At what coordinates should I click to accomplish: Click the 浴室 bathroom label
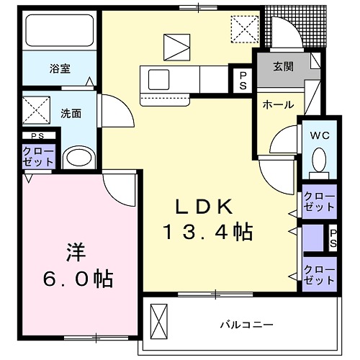point(60,69)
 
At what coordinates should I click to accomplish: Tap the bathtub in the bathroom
point(59,33)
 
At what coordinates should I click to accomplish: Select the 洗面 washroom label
point(70,112)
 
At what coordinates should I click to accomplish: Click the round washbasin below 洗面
point(76,158)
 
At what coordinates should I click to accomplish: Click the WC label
point(320,134)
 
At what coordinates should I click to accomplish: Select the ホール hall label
point(278,104)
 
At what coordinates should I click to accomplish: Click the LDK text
point(205,207)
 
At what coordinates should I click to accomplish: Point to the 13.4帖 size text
point(205,232)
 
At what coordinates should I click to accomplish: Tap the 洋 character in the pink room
point(77,252)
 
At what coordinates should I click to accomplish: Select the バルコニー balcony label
point(246,325)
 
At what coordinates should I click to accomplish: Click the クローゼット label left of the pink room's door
point(37,157)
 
